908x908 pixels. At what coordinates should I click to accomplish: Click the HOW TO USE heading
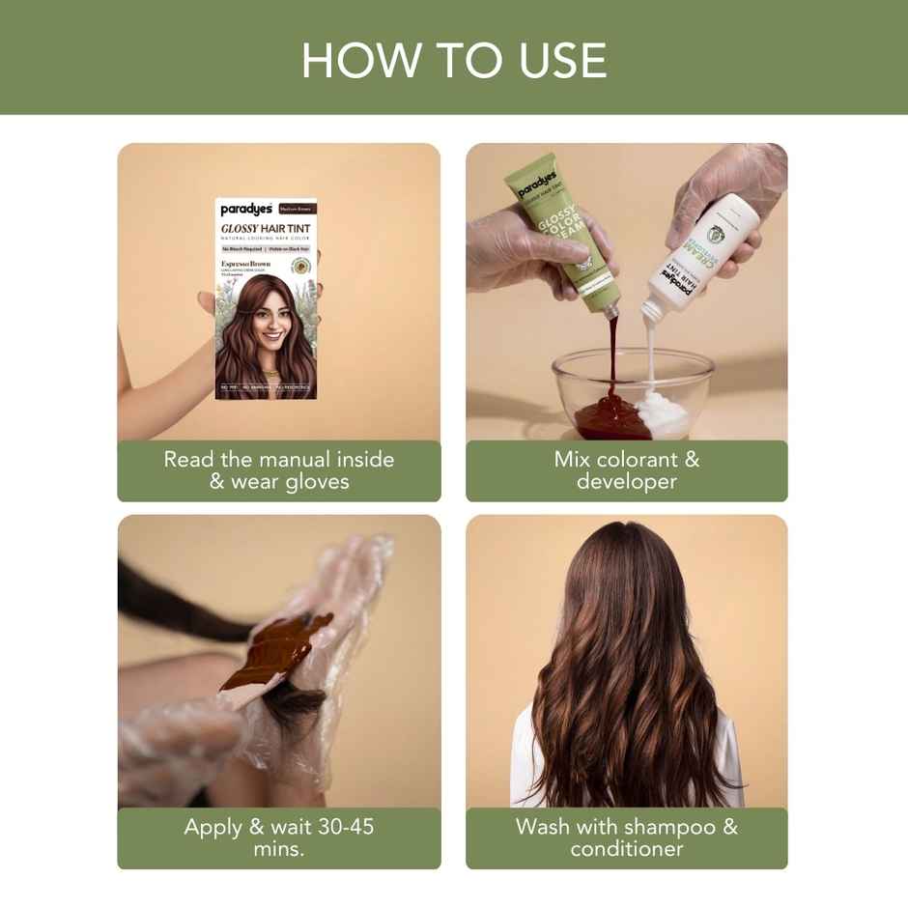pyautogui.click(x=454, y=60)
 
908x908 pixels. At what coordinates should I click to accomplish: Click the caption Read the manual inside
pyautogui.click(x=278, y=459)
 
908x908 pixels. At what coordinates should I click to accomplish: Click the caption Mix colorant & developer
pyautogui.click(x=626, y=469)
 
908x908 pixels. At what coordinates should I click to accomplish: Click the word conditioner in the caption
pyautogui.click(x=626, y=849)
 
